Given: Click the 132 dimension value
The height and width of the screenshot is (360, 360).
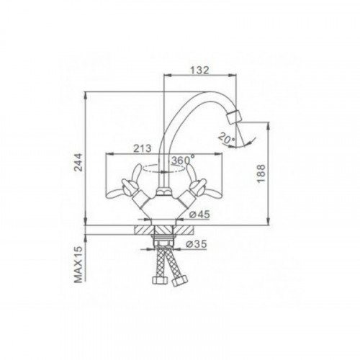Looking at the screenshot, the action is tap(199, 71).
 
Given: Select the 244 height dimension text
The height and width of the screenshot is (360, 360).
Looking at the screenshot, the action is tap(78, 162).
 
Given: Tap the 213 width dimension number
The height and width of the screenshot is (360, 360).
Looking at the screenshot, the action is tap(143, 148).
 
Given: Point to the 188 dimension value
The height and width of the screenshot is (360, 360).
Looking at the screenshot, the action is tap(261, 174).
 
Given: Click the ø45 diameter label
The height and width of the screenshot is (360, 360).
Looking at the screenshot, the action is tap(199, 215).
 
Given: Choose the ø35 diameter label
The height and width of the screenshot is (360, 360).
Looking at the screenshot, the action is tap(197, 244).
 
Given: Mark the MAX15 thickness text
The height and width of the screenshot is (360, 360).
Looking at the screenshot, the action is tap(78, 264).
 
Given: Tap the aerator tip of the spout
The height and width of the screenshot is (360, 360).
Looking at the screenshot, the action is tap(234, 117).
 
